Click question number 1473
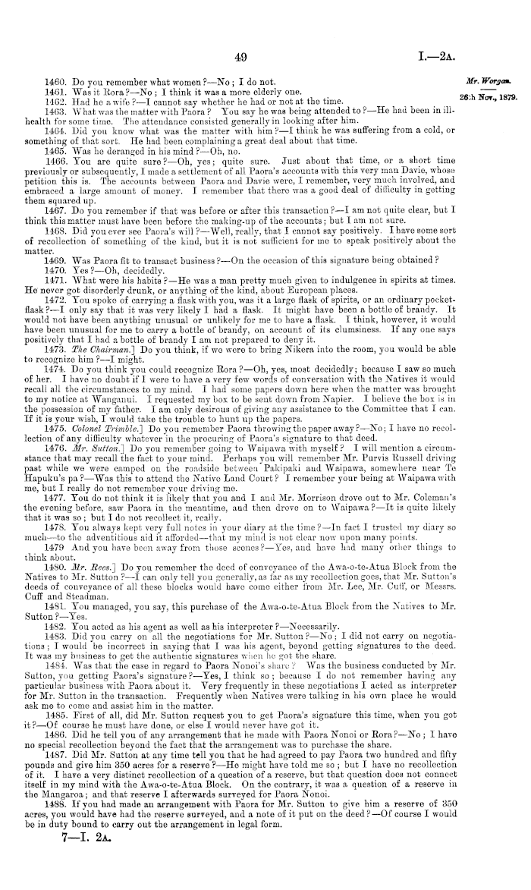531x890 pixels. click(58, 322)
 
